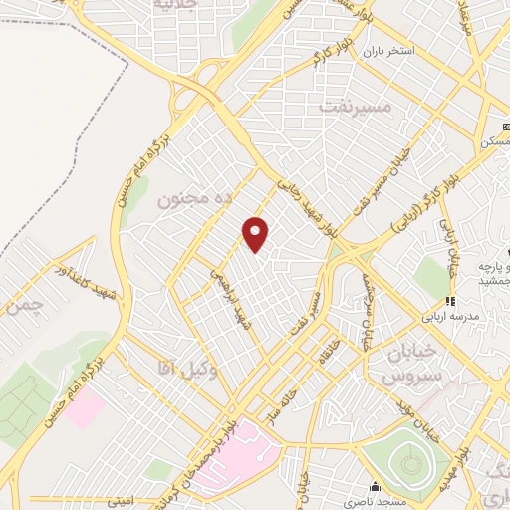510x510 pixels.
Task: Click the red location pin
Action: (257, 233)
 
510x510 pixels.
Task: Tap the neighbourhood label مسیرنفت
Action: (354, 104)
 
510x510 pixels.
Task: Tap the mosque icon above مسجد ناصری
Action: (375, 487)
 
